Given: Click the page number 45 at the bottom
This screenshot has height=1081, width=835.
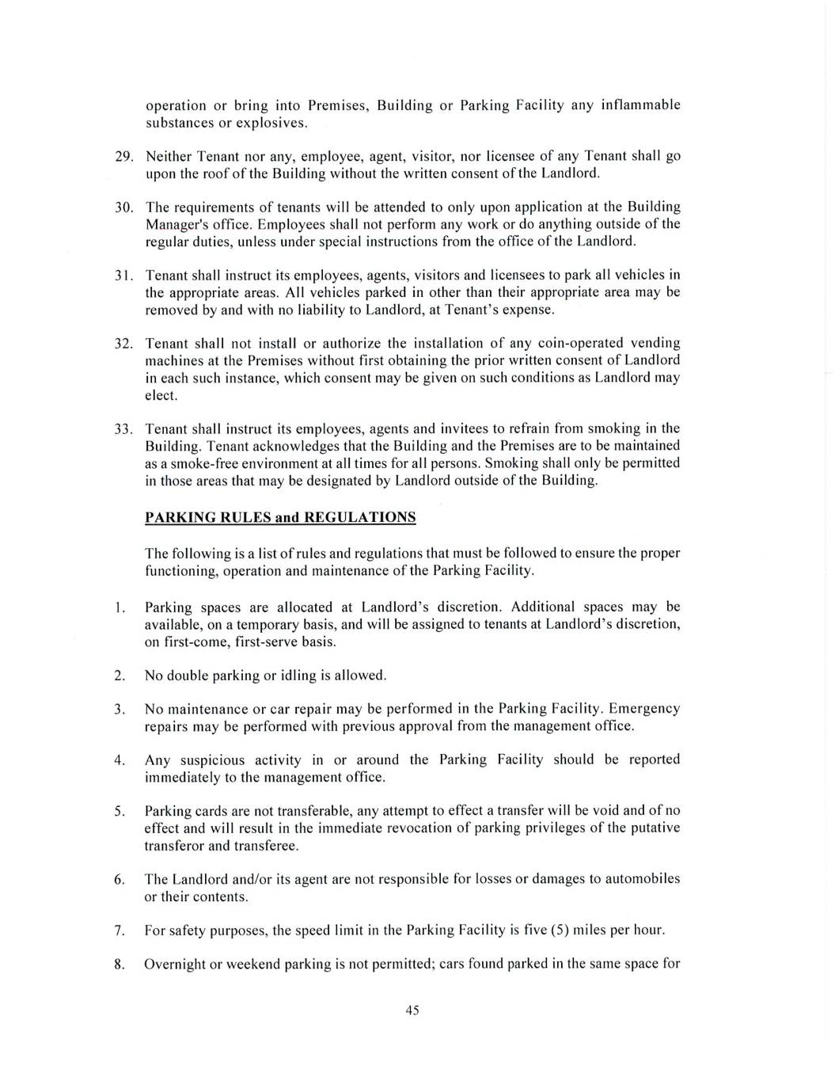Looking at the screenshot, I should (412, 1010).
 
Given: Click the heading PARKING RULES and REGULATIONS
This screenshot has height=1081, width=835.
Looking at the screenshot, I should (280, 518).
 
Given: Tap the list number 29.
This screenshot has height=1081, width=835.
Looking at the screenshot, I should (123, 156).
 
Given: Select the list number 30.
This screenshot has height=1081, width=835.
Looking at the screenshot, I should (123, 207).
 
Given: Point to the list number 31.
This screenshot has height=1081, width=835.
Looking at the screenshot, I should (123, 276).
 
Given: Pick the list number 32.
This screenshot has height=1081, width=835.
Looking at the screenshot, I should (123, 344).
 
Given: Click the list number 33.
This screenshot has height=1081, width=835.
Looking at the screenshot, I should (123, 429).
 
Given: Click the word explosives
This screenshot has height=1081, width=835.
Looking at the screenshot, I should (275, 123).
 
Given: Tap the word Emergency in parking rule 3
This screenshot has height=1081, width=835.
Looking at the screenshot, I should (644, 709).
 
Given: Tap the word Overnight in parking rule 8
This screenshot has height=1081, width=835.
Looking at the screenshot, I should (175, 965).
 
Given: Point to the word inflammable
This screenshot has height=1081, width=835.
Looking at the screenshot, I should (641, 105).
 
